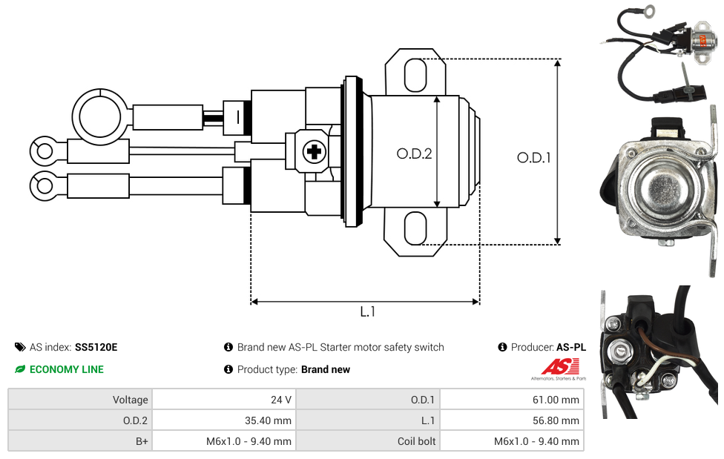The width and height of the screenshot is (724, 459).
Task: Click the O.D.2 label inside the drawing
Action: (414, 153)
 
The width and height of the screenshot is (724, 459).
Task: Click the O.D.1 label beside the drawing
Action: (534, 158)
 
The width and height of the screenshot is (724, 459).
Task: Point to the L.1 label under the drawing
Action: (367, 312)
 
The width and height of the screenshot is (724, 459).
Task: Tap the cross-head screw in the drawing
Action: (315, 151)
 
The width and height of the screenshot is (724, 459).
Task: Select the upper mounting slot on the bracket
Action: (415, 75)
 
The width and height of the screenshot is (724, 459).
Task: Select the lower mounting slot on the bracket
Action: (415, 228)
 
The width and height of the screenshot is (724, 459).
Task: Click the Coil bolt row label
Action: (416, 441)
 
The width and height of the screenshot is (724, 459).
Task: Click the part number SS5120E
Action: (96, 347)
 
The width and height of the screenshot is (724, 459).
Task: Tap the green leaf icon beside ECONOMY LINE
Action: (20, 369)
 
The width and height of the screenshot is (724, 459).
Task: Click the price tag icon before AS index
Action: (20, 347)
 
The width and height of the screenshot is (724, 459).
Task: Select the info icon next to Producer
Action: (503, 347)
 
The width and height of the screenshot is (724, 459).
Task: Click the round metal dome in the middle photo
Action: (661, 185)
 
